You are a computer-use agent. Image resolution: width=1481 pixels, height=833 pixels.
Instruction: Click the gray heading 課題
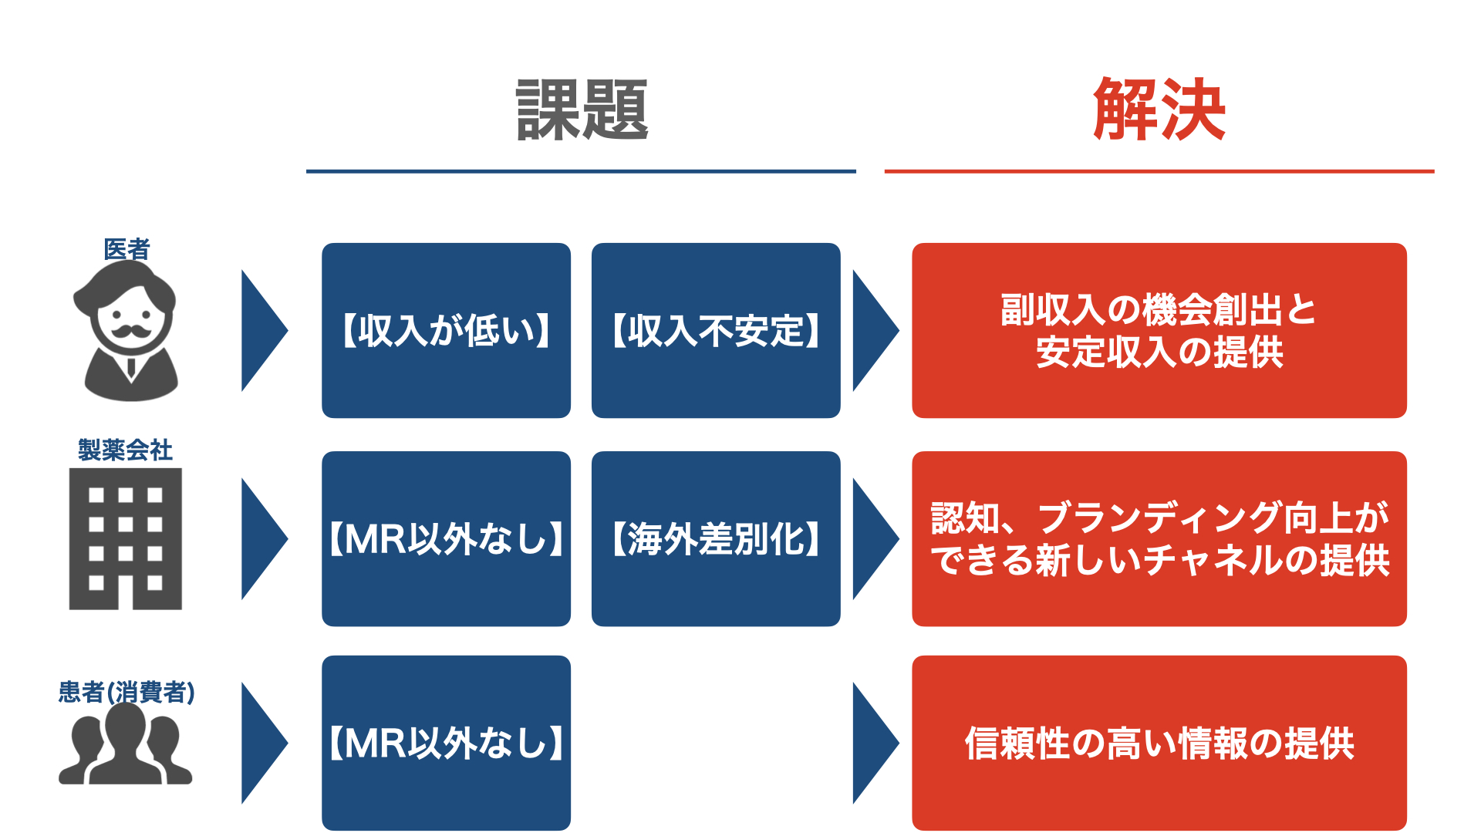coord(582,110)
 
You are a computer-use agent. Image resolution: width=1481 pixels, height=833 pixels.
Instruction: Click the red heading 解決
coord(1159,110)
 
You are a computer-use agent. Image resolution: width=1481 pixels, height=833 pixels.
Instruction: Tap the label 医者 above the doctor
coord(127,249)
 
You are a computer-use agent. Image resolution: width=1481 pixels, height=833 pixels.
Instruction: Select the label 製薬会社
coord(125,450)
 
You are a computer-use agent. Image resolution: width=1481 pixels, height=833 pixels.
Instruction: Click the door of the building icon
coord(126,593)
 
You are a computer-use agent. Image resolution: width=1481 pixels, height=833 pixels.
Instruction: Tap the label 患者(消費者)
coord(127,692)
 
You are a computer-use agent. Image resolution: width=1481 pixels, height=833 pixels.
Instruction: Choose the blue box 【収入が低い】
coord(446,330)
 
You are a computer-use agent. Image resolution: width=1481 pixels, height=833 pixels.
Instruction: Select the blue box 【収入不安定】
coord(716,330)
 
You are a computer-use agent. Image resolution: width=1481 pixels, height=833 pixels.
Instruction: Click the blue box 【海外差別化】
coord(716,538)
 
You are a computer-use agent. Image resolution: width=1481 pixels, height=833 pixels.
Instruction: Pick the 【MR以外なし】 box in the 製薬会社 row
coord(446,538)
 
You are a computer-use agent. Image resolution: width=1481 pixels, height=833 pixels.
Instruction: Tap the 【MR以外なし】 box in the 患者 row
coord(446,743)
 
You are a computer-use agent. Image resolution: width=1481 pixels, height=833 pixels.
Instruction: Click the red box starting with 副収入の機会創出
coord(1159,330)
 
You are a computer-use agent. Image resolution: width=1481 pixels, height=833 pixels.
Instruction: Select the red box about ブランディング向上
coord(1159,538)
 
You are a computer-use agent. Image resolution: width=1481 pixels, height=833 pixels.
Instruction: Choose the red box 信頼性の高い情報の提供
coord(1159,743)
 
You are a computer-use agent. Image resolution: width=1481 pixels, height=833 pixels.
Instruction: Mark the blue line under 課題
coord(581,171)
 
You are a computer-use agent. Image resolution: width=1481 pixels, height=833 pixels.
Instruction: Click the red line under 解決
coord(1159,171)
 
